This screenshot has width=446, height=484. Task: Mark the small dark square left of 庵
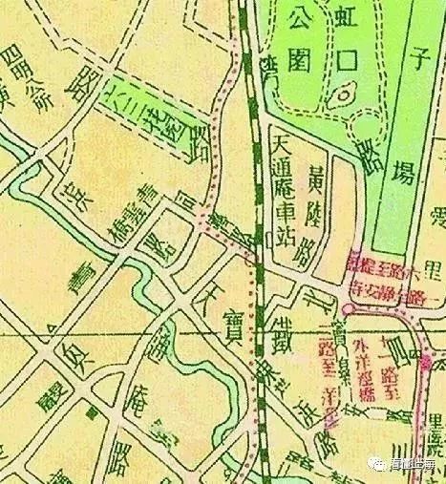(91, 412)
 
